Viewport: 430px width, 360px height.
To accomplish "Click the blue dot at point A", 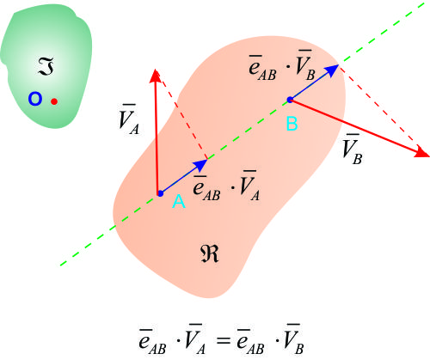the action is tap(161, 193).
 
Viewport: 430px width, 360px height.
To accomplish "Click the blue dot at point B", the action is tap(290, 100).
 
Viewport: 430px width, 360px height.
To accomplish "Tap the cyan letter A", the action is tap(179, 201).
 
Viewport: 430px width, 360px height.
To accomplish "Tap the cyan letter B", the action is tap(292, 124).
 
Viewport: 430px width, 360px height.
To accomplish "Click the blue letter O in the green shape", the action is tap(35, 99).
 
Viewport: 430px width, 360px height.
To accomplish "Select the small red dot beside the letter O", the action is tap(54, 101).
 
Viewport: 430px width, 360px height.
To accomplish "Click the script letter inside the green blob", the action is tap(46, 66).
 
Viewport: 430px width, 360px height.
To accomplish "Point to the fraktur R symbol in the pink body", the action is tap(209, 253).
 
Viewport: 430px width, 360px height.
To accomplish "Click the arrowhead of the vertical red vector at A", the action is tap(155, 76).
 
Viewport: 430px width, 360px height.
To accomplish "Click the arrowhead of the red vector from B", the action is tap(422, 152).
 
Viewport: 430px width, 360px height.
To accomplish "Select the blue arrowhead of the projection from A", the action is tap(201, 164).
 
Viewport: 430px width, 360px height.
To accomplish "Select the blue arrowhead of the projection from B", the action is tap(332, 70).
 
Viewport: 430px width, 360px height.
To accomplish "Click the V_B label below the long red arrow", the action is tap(353, 149).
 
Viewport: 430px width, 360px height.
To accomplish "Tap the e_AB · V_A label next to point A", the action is tap(226, 186).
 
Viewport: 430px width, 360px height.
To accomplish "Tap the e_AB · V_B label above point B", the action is tap(282, 65).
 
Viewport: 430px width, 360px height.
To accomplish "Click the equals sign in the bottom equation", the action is tap(224, 340).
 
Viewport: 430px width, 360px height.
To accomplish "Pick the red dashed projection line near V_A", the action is tap(184, 117).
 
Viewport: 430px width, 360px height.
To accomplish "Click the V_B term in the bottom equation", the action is tap(293, 339).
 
